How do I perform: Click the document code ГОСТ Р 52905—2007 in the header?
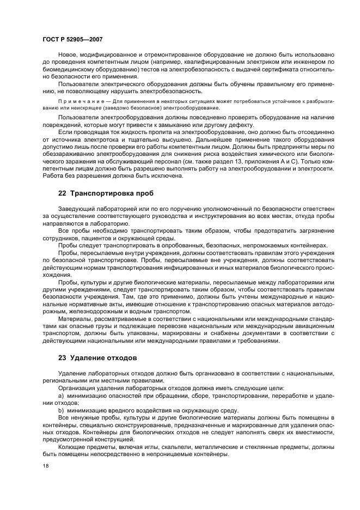tap(72, 40)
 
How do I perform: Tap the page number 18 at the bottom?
tap(46, 466)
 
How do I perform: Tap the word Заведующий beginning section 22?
tap(78, 209)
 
